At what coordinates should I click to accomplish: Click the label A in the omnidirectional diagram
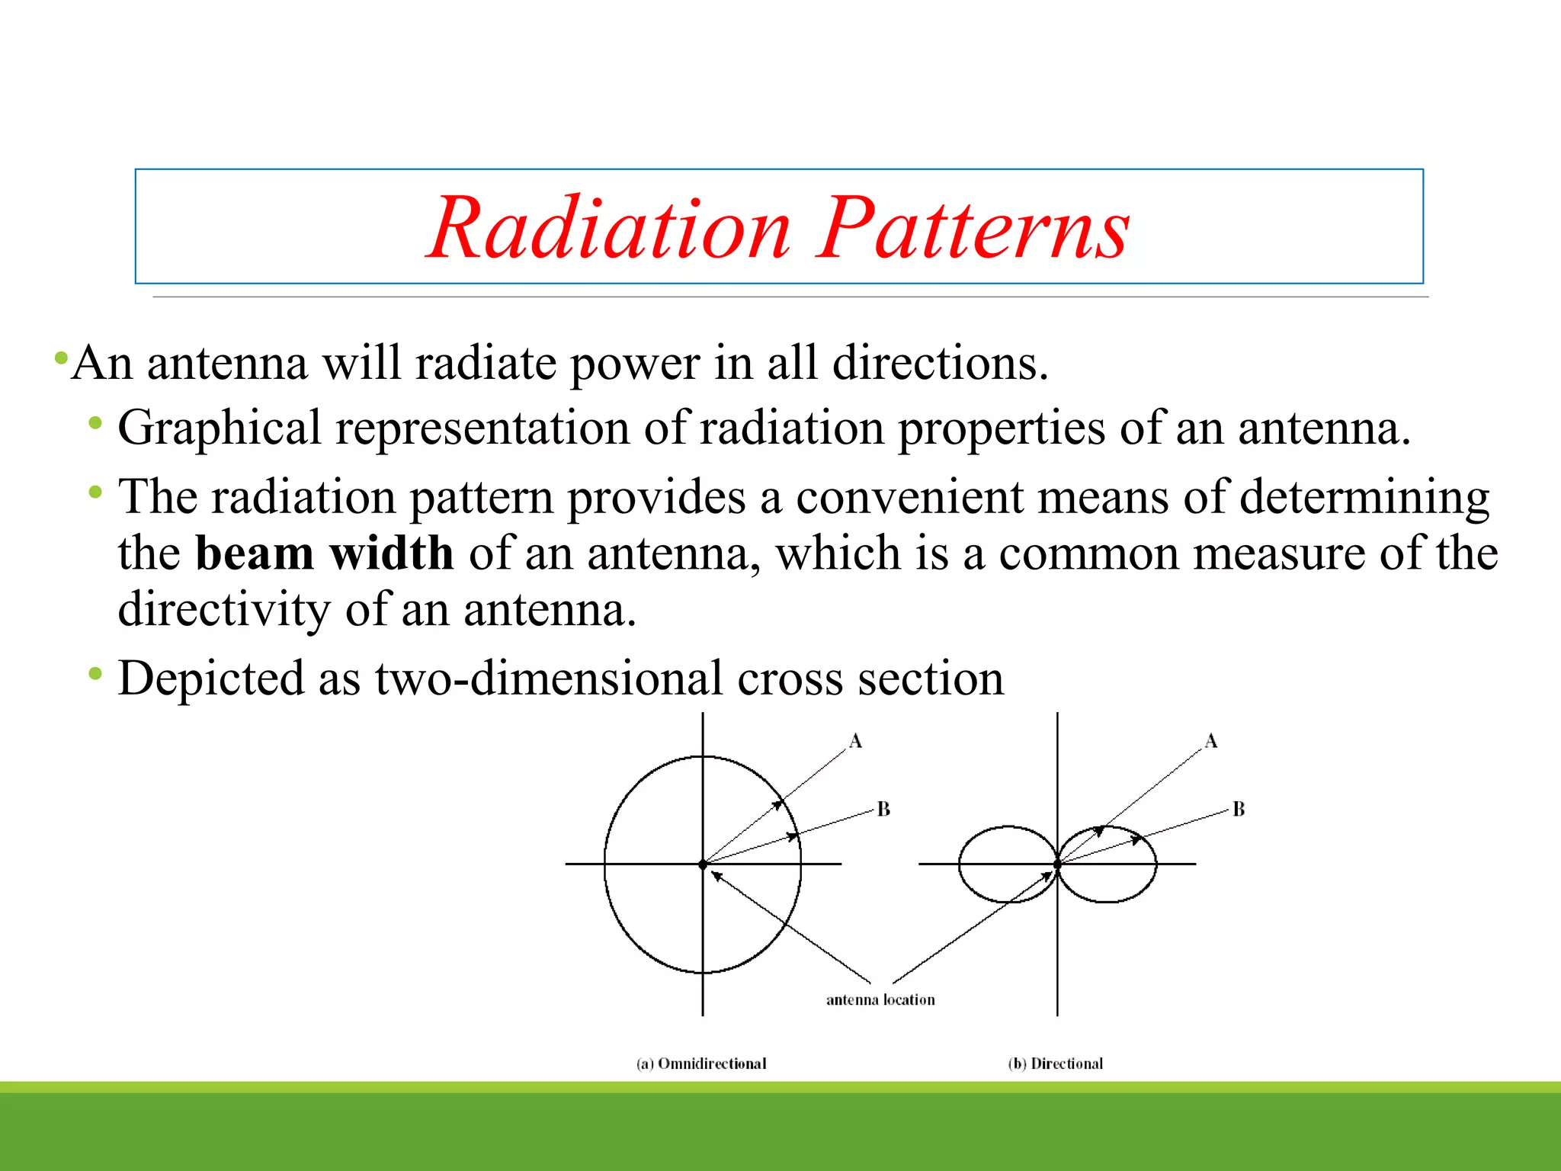pyautogui.click(x=855, y=741)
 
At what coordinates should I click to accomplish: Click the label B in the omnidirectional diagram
pyautogui.click(x=883, y=809)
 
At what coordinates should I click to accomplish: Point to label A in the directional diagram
pyautogui.click(x=1211, y=741)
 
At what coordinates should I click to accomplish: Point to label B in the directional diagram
pyautogui.click(x=1239, y=809)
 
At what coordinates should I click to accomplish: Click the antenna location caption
pyautogui.click(x=880, y=999)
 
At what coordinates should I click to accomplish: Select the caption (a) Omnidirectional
pyautogui.click(x=701, y=1064)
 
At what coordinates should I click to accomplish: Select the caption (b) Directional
pyautogui.click(x=1056, y=1064)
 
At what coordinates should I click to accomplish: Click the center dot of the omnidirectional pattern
pyautogui.click(x=703, y=865)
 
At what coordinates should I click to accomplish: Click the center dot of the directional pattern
pyautogui.click(x=1057, y=865)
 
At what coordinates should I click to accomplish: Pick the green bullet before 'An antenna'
pyautogui.click(x=61, y=357)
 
